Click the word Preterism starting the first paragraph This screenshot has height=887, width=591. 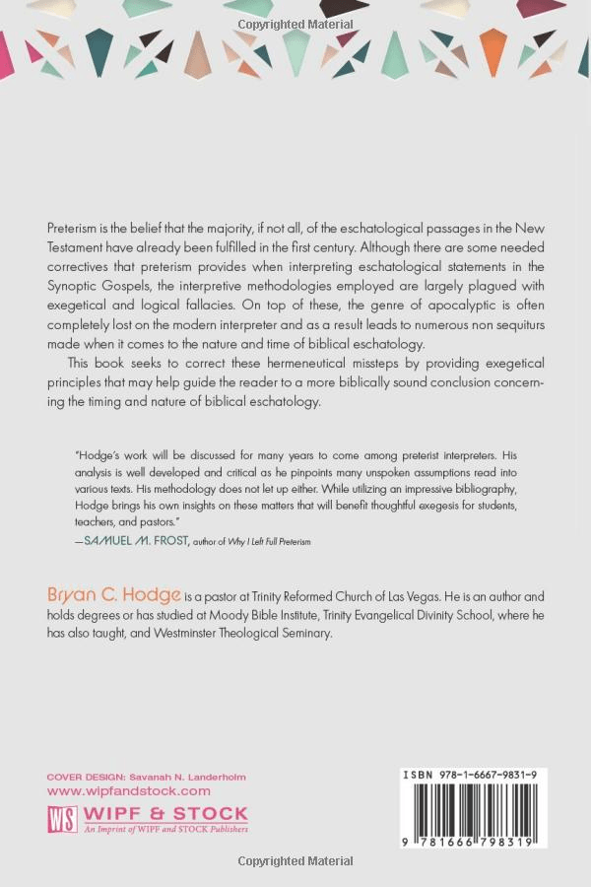click(x=74, y=228)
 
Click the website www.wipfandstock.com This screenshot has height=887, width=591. click(x=128, y=790)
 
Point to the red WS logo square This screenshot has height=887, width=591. click(x=62, y=820)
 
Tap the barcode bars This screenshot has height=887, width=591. click(x=474, y=809)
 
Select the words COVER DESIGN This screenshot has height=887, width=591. click(x=84, y=777)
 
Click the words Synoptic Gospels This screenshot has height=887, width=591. click(x=92, y=287)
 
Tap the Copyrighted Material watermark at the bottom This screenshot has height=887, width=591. click(x=295, y=862)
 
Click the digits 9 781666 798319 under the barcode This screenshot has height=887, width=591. click(x=473, y=840)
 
